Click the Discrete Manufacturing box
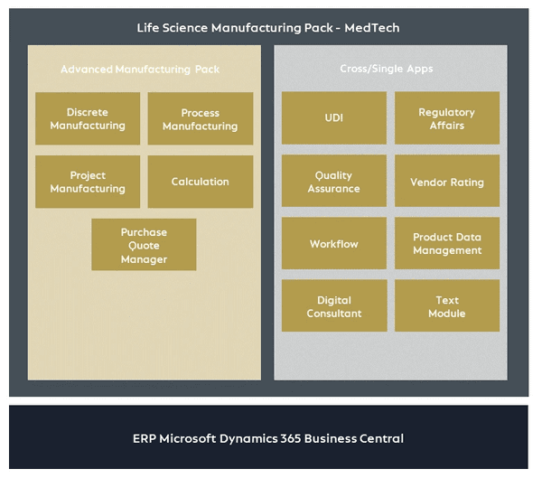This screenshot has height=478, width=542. [x=88, y=118]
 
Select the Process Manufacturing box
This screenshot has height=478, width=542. [x=200, y=118]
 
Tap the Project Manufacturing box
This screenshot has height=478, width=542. [x=88, y=182]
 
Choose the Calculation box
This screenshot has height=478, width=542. [x=200, y=182]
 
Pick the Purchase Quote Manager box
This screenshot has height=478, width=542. [x=144, y=245]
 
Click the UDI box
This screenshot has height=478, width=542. [x=334, y=118]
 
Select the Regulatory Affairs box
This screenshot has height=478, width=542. [x=446, y=118]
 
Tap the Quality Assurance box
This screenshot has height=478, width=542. [x=334, y=182]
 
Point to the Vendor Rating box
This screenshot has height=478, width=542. [x=446, y=182]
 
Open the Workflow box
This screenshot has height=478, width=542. [x=334, y=244]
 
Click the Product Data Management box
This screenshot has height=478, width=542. [x=446, y=244]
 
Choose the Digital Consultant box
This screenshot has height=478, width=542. [x=334, y=306]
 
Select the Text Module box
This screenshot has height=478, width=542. [x=446, y=306]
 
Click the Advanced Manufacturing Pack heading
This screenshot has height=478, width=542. [x=140, y=69]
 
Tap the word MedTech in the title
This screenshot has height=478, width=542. [x=371, y=28]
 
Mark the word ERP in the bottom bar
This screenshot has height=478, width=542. [x=146, y=438]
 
